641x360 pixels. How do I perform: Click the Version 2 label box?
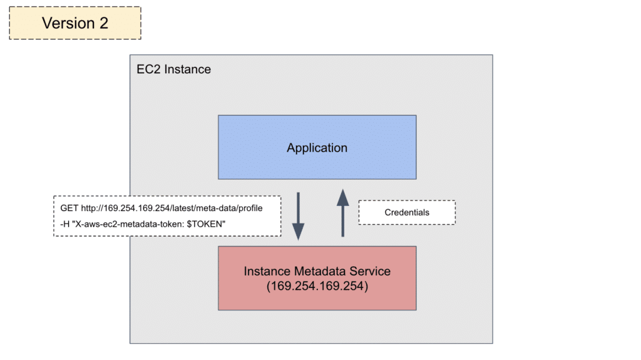[x=75, y=23]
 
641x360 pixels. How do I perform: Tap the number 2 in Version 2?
[x=102, y=23]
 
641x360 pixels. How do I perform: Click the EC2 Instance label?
[x=173, y=69]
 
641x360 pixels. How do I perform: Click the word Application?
[x=317, y=148]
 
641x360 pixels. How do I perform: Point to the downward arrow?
[x=299, y=216]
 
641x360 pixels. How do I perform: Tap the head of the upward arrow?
[x=342, y=197]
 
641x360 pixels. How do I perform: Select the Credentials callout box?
[x=407, y=212]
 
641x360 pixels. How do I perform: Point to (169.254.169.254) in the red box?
[x=317, y=286]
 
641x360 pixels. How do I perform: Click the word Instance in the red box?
[x=267, y=272]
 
